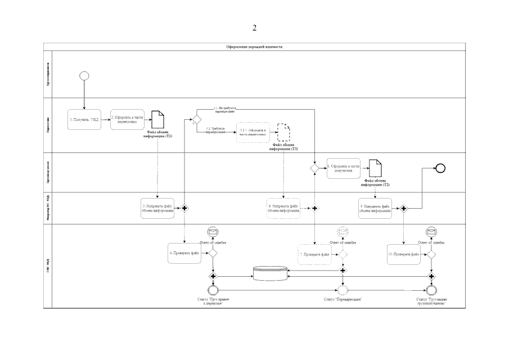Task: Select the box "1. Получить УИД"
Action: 84,119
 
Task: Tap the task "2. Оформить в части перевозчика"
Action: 127,119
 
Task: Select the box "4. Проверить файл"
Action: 186,253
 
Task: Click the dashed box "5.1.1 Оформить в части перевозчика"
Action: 253,132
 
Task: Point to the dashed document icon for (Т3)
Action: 283,133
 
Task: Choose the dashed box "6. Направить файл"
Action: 283,208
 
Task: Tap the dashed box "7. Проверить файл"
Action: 315,254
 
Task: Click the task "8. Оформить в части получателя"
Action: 344,168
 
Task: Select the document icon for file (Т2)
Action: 375,168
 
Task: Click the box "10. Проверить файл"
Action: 404,254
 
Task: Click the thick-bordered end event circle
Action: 440,167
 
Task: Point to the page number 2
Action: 254,28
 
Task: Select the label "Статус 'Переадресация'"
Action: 343,300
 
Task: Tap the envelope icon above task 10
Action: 431,232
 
